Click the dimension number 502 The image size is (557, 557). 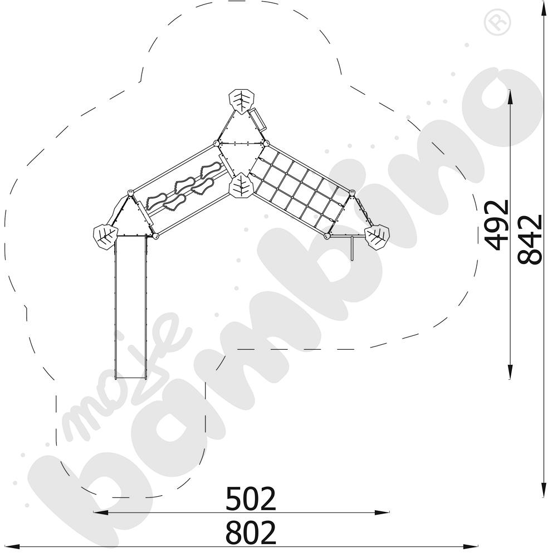(251, 499)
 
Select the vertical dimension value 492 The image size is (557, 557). (497, 225)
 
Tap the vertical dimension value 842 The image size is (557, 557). (530, 239)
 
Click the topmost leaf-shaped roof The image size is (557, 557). (242, 101)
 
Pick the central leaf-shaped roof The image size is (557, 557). (242, 185)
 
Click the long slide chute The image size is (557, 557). (130, 307)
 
